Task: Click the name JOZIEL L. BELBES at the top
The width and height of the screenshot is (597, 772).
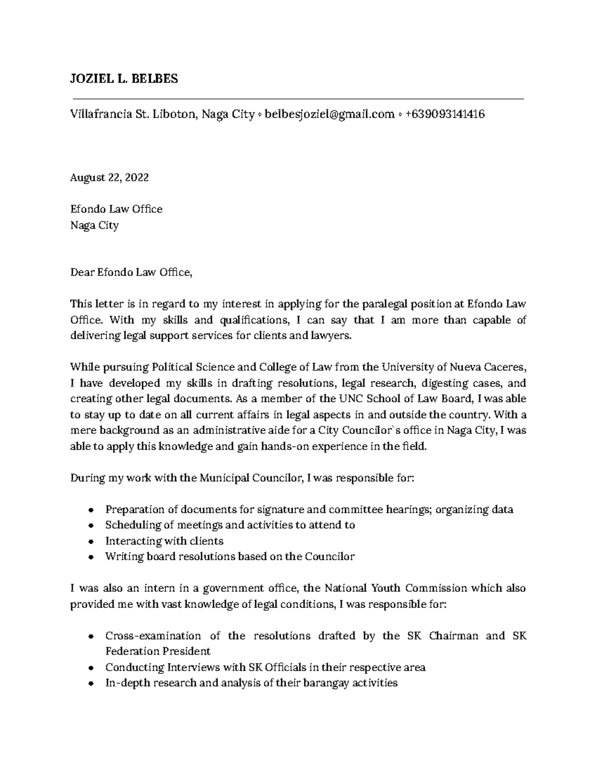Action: [124, 79]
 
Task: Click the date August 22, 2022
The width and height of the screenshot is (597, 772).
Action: [109, 177]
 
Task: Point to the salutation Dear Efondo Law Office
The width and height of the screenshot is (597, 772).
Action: [130, 272]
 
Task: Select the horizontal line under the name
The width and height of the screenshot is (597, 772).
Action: [298, 99]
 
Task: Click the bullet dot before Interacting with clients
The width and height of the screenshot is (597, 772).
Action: [91, 541]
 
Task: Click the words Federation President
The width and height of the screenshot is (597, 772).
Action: [158, 651]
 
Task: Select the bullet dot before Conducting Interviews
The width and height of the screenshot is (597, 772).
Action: [91, 668]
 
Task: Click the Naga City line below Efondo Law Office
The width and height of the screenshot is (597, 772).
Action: [95, 225]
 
